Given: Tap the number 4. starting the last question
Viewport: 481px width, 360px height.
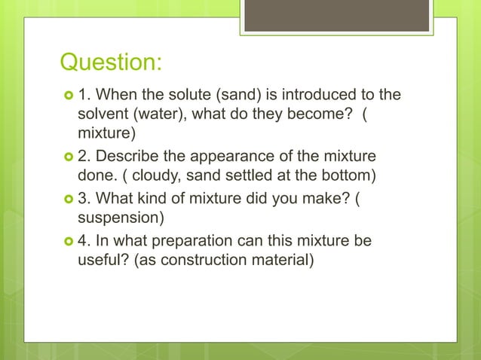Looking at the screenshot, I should (x=85, y=242).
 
